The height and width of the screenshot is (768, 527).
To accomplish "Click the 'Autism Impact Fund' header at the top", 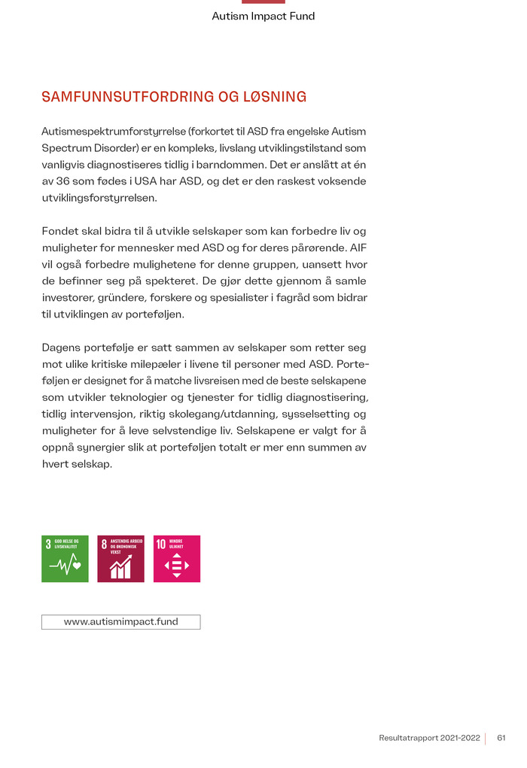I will tap(263, 16).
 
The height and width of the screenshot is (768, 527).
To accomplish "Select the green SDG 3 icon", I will tap(65, 558).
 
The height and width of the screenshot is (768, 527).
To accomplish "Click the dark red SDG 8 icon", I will tap(120, 558).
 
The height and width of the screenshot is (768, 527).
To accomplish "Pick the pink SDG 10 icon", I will tap(177, 558).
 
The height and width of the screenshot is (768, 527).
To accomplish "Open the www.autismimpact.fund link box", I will tap(120, 622).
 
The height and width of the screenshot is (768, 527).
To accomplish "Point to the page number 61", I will tap(501, 738).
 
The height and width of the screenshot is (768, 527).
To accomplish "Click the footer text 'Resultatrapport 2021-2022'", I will tap(429, 738).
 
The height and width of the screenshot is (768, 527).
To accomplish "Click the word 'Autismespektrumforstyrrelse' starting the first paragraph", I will tap(112, 131).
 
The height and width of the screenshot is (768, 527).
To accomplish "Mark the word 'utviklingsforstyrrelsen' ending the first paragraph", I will tap(99, 197).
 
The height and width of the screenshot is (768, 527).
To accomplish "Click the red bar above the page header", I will tap(263, 2).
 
